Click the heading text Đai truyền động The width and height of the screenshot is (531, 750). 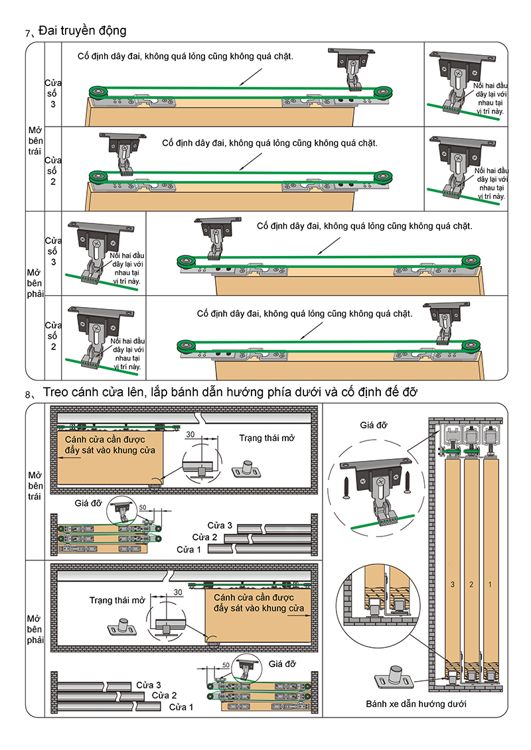tap(82, 31)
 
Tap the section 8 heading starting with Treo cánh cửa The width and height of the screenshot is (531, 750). tap(230, 393)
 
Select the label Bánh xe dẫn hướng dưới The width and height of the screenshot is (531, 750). tap(416, 704)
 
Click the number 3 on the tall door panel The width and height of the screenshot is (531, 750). tap(452, 584)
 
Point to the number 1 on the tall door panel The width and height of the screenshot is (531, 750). tap(490, 584)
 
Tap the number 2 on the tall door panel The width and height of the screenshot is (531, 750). tap(471, 584)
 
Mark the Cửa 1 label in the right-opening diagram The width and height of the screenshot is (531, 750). tap(181, 708)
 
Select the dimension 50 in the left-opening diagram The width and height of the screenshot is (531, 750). tap(143, 507)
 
